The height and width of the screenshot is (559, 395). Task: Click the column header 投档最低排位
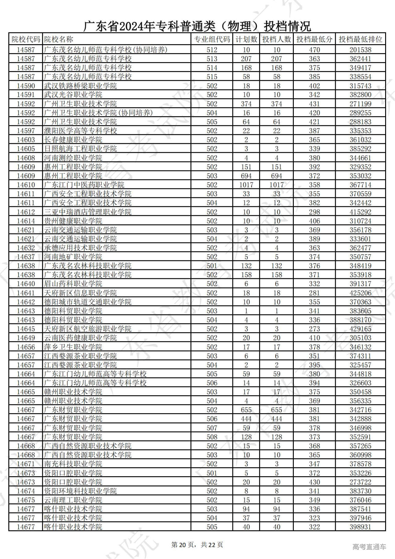tap(360, 39)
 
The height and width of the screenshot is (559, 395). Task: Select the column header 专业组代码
tap(212, 39)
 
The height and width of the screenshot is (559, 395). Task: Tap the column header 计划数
tap(246, 39)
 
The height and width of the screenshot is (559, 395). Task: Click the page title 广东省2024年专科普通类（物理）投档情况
tap(197, 27)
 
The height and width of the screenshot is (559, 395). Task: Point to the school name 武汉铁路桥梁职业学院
tap(81, 86)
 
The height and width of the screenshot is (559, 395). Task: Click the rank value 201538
tap(360, 50)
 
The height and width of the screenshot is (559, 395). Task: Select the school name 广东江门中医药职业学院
tap(84, 185)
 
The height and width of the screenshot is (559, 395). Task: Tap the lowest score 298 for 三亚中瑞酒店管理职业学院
tap(314, 212)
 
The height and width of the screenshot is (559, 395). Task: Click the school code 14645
tap(26, 329)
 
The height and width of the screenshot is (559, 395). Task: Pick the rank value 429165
tap(360, 329)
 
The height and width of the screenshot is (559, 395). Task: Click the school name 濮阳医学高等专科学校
tap(81, 131)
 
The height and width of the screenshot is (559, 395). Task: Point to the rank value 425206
tap(360, 293)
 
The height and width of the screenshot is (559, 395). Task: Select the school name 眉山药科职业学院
tap(73, 284)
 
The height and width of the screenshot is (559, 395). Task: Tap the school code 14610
tap(26, 185)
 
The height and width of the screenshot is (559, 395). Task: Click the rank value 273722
tap(360, 482)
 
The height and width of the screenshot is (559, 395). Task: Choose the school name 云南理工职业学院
tap(73, 500)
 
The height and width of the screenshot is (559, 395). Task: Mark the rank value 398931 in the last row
tap(360, 527)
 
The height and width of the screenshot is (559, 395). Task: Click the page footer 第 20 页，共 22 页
tap(197, 545)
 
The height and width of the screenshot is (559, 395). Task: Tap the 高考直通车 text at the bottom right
tap(369, 547)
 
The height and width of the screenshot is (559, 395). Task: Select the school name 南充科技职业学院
tap(73, 464)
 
